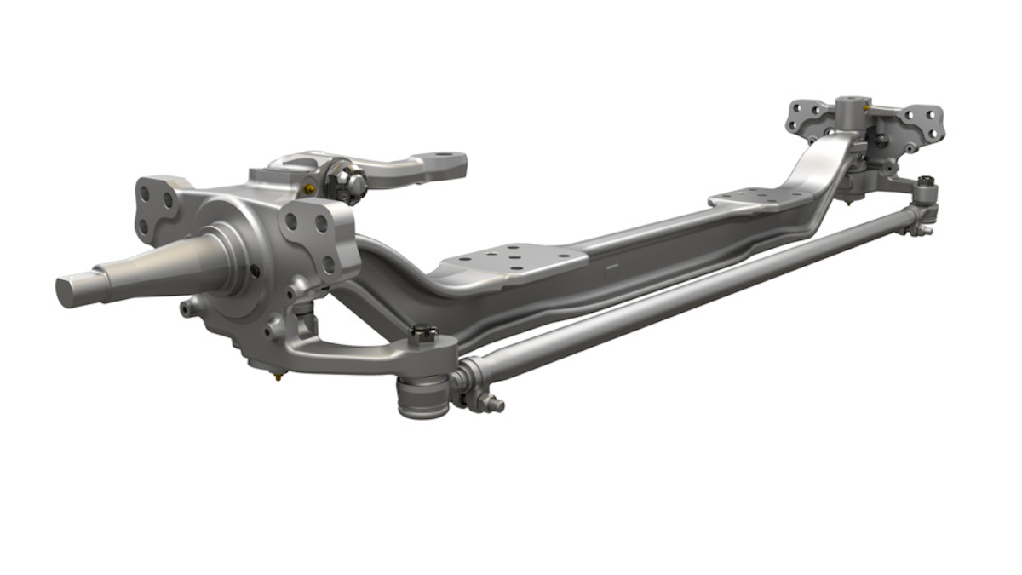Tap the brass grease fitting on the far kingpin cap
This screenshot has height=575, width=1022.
(866, 108)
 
